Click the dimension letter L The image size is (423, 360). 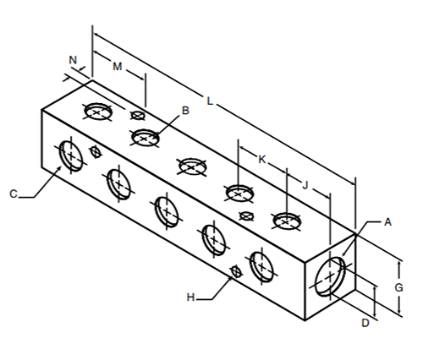(x=210, y=101)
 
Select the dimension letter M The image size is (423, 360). (x=118, y=67)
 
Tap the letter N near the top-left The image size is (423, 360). (x=73, y=60)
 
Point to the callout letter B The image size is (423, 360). (x=185, y=111)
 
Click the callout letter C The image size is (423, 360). (x=14, y=194)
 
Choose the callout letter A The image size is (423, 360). (x=388, y=222)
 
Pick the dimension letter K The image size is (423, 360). (x=262, y=160)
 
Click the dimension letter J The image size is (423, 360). (x=305, y=185)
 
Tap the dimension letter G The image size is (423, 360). (x=398, y=287)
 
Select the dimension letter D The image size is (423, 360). (x=365, y=323)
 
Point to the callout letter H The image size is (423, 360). (x=190, y=297)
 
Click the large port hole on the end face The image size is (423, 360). (x=330, y=276)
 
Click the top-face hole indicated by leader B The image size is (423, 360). (x=146, y=138)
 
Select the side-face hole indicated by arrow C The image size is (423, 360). (x=71, y=156)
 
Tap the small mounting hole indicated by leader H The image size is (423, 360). (x=236, y=271)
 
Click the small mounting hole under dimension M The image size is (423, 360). (x=138, y=115)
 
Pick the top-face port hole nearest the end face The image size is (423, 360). (x=286, y=221)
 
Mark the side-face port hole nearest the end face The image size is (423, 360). (x=262, y=266)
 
